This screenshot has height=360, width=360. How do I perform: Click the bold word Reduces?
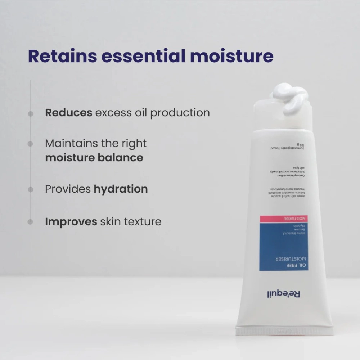68,113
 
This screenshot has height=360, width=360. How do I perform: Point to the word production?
180,113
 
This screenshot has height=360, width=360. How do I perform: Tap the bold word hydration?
121,189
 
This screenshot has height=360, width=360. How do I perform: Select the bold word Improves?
71,222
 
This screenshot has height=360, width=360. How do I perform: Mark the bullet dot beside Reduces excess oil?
31,113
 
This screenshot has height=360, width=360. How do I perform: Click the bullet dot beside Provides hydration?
31,189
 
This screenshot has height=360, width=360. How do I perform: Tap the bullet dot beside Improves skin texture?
31,222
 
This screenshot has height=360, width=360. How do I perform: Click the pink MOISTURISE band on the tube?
283,219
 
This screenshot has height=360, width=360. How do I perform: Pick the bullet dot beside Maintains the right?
31,144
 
